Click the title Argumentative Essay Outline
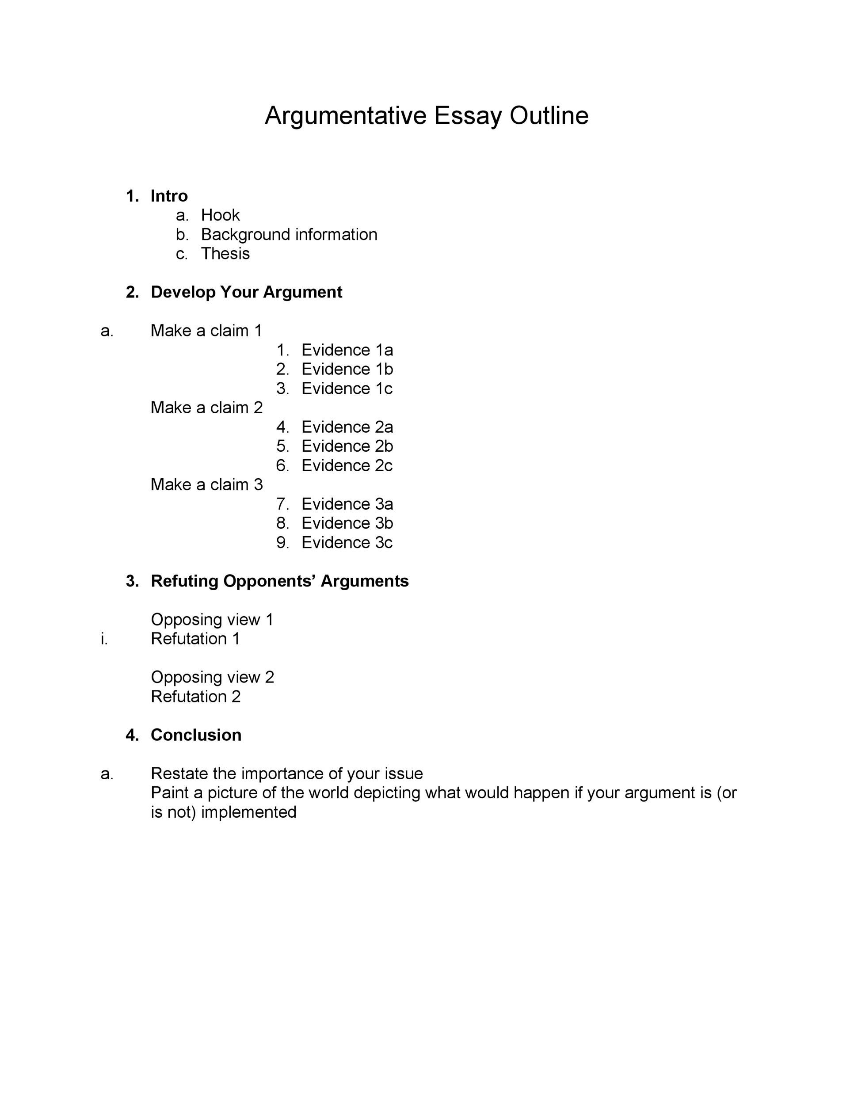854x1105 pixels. pos(426,116)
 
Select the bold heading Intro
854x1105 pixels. pos(169,196)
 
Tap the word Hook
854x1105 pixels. pos(220,215)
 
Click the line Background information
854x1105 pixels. pos(289,234)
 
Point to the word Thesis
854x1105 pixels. pos(225,253)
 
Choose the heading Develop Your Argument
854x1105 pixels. pos(246,292)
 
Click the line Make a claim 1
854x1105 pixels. pos(206,330)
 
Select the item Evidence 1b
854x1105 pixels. pos(347,369)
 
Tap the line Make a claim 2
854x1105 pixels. pos(206,407)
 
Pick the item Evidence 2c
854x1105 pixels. pos(347,465)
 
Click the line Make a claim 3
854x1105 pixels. pos(206,484)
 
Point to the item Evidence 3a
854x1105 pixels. pos(347,504)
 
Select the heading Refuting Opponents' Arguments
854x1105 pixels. pos(279,581)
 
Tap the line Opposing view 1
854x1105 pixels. pos(212,619)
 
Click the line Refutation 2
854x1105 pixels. pos(195,696)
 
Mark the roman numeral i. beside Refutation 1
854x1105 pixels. pos(104,639)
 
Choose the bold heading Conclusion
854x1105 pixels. pos(196,735)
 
